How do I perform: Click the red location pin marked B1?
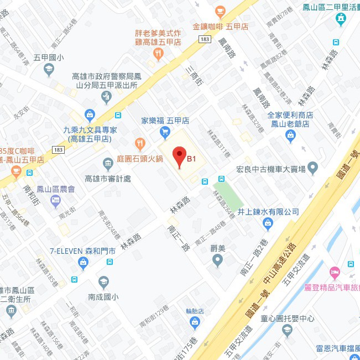[x=179, y=157]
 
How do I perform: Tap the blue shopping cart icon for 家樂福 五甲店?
[x=165, y=131]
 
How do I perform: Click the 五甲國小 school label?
[x=49, y=57]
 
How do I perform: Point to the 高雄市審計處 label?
[x=108, y=179]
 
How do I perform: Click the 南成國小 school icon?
[x=103, y=281]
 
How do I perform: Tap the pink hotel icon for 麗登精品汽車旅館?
[x=334, y=272]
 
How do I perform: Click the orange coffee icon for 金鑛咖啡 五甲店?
[x=220, y=11]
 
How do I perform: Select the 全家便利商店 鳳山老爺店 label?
[x=290, y=119]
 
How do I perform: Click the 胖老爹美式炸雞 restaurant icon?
[x=159, y=54]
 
